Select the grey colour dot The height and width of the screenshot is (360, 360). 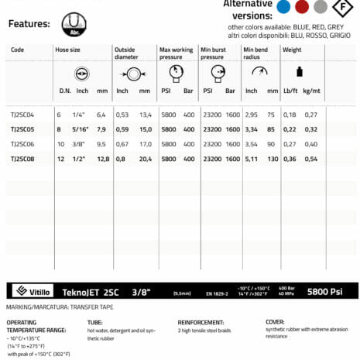tap(319, 7)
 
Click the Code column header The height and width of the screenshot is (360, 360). tap(17, 50)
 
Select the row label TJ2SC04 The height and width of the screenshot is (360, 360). tap(22, 115)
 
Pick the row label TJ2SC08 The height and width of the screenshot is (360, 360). tap(22, 159)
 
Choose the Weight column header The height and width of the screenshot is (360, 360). tap(292, 50)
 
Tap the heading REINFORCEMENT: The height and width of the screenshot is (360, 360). tap(201, 321)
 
